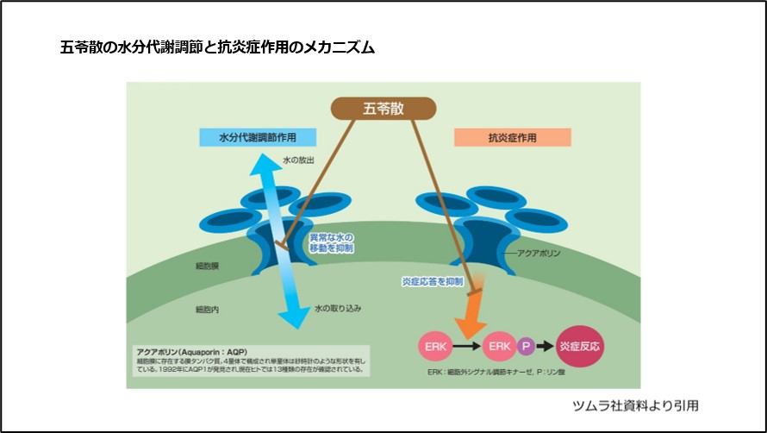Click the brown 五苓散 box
coord(383,108)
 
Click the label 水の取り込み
coord(334,307)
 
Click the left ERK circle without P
coord(434,346)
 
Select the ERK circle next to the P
coord(501,346)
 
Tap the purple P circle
coord(527,346)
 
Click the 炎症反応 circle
coord(580,346)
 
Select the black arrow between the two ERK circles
coord(467,346)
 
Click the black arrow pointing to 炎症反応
coord(546,346)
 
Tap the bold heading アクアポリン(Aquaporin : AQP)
coord(190,351)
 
